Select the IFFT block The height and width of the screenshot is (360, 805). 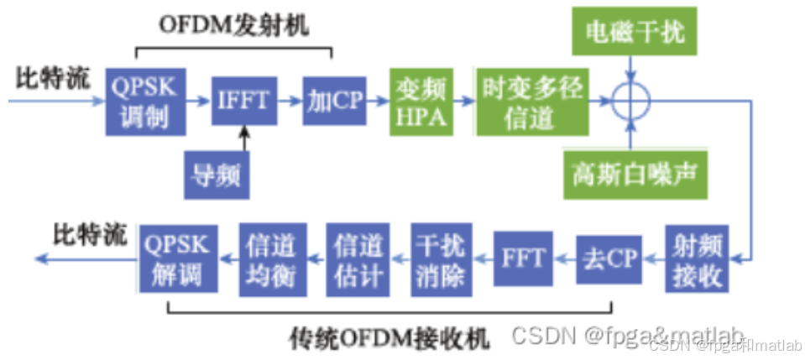tap(243, 101)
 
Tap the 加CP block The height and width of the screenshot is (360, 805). tap(332, 101)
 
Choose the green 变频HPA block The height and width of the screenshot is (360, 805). tap(421, 102)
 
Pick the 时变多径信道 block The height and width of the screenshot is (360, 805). tap(531, 102)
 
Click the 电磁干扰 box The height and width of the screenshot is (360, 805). tap(634, 31)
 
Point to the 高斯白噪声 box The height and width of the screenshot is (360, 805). tap(635, 174)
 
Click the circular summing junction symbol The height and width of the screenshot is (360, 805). tap(631, 102)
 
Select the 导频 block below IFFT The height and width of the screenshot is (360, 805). tap(217, 175)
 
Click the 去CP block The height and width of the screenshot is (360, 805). tap(610, 258)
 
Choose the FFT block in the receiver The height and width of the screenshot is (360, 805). tap(523, 258)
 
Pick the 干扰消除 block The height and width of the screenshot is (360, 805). tap(440, 258)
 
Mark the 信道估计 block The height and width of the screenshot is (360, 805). tap(358, 258)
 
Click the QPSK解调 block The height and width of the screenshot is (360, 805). tap(178, 258)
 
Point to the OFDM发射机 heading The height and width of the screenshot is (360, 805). tap(234, 26)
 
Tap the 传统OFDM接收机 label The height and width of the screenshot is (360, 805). tap(389, 339)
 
